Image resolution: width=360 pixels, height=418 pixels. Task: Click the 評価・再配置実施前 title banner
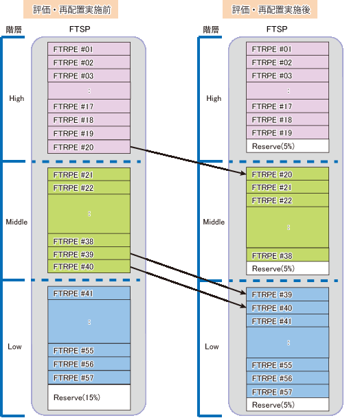(x=71, y=10)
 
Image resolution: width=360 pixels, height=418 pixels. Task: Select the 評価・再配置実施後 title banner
(x=270, y=10)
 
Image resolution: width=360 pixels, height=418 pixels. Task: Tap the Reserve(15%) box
(x=89, y=397)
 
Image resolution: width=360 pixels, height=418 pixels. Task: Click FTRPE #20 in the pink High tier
(x=89, y=147)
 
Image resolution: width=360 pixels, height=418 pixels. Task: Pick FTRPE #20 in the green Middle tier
(x=287, y=174)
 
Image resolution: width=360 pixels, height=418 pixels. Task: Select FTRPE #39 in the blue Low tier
(x=287, y=294)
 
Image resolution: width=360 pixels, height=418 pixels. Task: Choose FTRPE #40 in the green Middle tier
(x=89, y=266)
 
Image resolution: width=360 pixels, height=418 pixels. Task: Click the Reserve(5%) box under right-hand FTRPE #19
(x=287, y=146)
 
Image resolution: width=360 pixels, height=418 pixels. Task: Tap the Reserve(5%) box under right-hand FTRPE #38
(x=287, y=268)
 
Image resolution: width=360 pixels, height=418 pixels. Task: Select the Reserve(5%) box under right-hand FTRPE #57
(x=287, y=404)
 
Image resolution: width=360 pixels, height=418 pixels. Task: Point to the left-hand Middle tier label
(x=16, y=222)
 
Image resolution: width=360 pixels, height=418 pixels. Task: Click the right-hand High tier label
(x=214, y=98)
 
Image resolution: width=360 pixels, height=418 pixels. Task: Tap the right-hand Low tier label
(x=212, y=347)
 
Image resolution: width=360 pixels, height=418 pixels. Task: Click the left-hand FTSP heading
(x=80, y=29)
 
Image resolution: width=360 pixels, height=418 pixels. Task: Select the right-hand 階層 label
(x=211, y=30)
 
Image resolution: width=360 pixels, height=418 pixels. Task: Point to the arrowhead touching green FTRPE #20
(x=243, y=173)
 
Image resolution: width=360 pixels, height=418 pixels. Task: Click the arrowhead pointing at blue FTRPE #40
(x=243, y=306)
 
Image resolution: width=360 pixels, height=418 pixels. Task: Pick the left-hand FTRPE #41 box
(x=89, y=293)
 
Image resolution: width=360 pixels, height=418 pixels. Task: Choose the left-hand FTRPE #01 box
(x=89, y=49)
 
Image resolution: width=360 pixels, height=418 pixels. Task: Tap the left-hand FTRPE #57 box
(x=89, y=378)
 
